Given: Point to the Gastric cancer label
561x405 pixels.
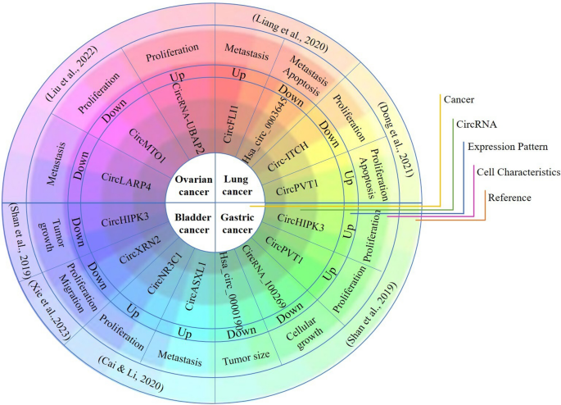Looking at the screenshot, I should [237, 221].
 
